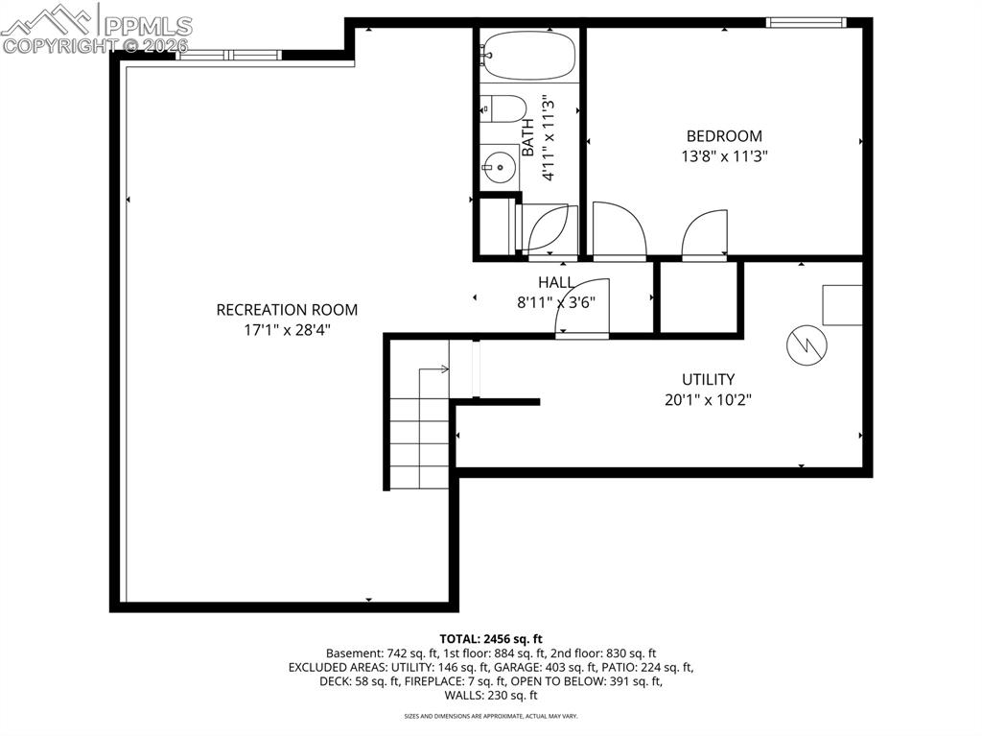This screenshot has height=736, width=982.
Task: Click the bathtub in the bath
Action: [x=528, y=55]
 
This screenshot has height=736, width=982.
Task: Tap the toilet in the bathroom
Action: [x=503, y=108]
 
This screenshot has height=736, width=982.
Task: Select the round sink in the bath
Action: [x=499, y=169]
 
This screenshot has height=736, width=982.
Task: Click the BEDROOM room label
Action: [x=724, y=136]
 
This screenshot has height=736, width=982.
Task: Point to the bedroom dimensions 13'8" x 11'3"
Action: [x=724, y=154]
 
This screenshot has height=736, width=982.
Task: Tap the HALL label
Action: [x=556, y=282]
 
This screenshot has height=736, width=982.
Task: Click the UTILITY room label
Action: [x=708, y=379]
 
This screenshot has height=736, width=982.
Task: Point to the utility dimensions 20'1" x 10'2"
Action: [x=708, y=399]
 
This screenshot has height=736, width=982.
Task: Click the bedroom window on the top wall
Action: [x=806, y=22]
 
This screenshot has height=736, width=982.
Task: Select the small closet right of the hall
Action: [x=697, y=297]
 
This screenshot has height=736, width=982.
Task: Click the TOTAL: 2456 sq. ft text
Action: [x=491, y=638]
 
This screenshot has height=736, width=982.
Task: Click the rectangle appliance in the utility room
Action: [x=842, y=305]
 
